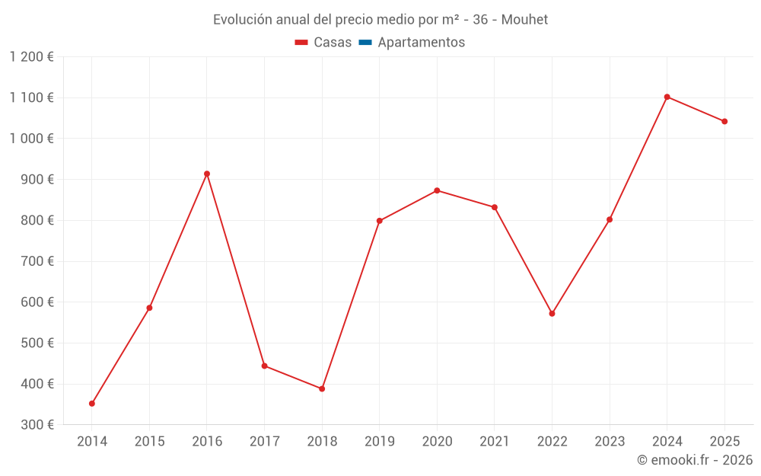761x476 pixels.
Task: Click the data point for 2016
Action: pos(207,174)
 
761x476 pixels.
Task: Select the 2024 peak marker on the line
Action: pos(667,97)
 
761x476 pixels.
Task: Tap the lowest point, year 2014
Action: pos(92,404)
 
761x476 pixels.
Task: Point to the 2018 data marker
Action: pos(322,388)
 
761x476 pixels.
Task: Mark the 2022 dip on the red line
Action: pos(552,314)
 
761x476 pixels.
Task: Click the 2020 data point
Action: pos(437,190)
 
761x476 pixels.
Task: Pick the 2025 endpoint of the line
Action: pos(724,121)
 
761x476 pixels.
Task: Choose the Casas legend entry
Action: pos(323,43)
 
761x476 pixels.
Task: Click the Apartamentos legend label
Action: pos(421,43)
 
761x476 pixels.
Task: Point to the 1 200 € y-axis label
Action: pos(32,57)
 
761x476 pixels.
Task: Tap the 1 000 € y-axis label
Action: pos(32,139)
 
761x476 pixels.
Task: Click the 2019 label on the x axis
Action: pos(380,442)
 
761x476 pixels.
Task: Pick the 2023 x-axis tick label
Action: pos(610,442)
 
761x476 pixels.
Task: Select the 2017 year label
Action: pos(264,442)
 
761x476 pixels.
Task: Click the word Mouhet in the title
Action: pos(524,20)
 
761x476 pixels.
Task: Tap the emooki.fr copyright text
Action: pos(695,460)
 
